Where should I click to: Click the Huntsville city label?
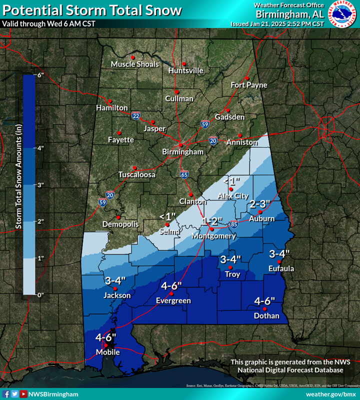[185, 71]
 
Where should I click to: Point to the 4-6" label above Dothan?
[265, 301]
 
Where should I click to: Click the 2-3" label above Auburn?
[259, 204]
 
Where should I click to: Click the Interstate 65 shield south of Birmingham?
[184, 174]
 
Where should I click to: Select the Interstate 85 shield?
[234, 225]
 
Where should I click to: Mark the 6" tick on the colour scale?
[40, 75]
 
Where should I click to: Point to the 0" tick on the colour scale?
[40, 294]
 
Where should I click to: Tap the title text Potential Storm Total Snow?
[92, 10]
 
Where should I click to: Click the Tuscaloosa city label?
[137, 175]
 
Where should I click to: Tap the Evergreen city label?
[173, 300]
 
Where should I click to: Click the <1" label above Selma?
[167, 216]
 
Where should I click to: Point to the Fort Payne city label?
[248, 85]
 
